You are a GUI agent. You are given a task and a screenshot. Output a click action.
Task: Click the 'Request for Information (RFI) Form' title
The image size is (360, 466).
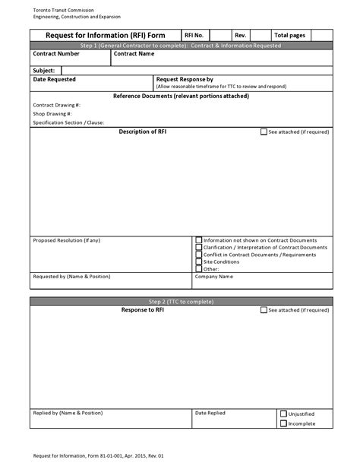click(x=106, y=35)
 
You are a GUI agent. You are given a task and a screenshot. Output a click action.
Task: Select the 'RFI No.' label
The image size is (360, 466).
click(x=194, y=35)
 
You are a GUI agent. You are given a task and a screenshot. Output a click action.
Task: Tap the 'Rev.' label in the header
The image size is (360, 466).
click(x=240, y=35)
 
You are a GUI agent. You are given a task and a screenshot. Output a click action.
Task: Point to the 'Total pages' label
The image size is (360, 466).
click(x=289, y=35)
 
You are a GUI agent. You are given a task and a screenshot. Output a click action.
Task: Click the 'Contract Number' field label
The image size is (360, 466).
click(x=56, y=54)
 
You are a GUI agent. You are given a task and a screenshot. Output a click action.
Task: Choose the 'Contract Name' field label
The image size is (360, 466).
click(x=134, y=54)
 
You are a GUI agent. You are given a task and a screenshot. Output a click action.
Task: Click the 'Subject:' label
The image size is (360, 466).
click(x=44, y=70)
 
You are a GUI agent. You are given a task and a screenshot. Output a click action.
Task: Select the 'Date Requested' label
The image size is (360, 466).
click(x=55, y=79)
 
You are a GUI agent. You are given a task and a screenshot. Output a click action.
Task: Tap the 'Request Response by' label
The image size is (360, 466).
click(x=185, y=79)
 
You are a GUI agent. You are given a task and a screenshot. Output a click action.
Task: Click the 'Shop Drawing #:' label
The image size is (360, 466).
click(x=52, y=113)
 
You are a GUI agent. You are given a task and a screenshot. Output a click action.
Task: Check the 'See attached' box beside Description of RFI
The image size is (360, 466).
click(x=264, y=132)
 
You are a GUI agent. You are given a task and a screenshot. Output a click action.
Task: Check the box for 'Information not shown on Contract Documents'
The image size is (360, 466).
click(x=199, y=239)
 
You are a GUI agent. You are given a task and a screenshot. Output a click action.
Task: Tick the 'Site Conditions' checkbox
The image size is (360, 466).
click(x=199, y=262)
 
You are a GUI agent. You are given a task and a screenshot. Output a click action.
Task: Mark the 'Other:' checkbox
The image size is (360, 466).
click(x=199, y=268)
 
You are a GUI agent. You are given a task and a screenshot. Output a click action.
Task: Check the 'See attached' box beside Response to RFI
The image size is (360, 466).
click(x=264, y=310)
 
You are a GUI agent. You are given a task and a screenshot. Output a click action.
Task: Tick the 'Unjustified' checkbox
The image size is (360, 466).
click(x=283, y=414)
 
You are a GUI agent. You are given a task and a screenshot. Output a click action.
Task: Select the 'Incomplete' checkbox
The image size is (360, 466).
click(x=283, y=423)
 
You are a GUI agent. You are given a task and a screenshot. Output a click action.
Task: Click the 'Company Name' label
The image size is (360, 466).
click(x=213, y=277)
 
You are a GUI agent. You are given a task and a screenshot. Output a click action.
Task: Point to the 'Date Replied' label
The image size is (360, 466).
click(x=210, y=413)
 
